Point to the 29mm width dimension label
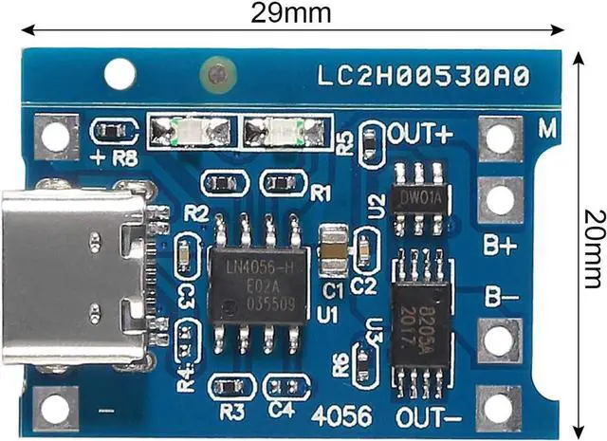290,13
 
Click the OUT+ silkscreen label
419,133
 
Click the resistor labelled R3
230,386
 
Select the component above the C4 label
285,386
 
